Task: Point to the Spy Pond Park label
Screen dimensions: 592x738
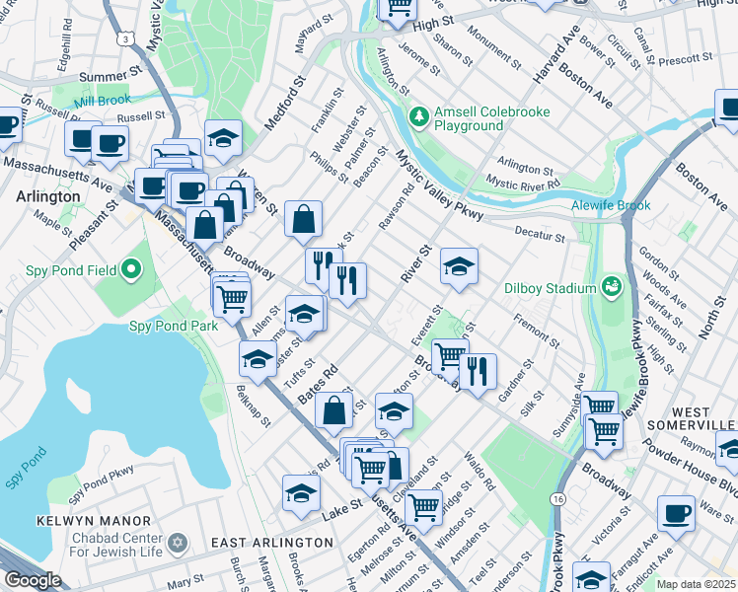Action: (174, 326)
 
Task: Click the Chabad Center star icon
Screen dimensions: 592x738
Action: (178, 543)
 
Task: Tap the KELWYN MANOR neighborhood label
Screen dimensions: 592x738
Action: (94, 520)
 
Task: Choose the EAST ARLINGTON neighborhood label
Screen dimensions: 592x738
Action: (272, 543)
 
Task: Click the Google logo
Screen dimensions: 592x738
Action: (33, 580)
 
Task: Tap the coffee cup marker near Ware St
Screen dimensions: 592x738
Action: (678, 513)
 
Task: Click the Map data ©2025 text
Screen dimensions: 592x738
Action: (697, 584)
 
